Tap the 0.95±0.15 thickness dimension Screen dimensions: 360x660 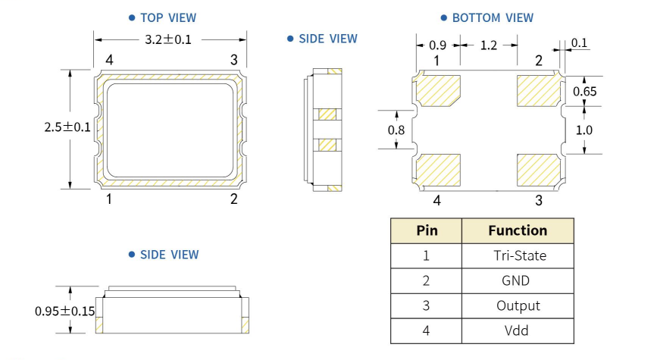pos(65,311)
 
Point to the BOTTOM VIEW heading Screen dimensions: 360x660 pos(492,17)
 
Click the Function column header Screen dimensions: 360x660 pos(518,230)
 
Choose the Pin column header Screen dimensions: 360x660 pos(427,230)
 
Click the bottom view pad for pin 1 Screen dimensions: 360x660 pos(439,90)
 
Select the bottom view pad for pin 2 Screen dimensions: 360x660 pos(538,90)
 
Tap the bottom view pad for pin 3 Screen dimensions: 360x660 pos(538,171)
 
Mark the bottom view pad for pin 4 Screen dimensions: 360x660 pos(439,171)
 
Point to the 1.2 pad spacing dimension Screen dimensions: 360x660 pos(488,45)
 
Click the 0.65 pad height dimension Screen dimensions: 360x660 pos(583,91)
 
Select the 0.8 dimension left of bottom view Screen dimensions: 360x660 pos(396,130)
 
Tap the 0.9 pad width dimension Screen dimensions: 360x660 pos(437,45)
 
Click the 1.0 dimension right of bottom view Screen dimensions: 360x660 pos(583,130)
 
